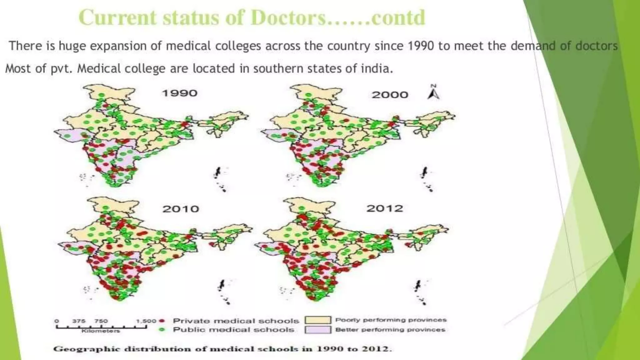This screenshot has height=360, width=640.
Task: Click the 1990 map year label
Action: pyautogui.click(x=180, y=93)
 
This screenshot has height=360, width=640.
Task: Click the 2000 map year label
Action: pyautogui.click(x=390, y=95)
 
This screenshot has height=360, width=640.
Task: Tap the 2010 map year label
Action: pyautogui.click(x=181, y=209)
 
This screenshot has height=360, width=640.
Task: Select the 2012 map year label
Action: pyautogui.click(x=385, y=208)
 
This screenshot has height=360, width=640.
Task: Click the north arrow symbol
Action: pyautogui.click(x=433, y=92)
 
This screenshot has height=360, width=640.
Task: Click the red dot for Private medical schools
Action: pyautogui.click(x=162, y=321)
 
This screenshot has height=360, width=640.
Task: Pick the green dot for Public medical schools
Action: pyautogui.click(x=162, y=329)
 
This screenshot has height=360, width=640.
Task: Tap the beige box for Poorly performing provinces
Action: pyautogui.click(x=317, y=320)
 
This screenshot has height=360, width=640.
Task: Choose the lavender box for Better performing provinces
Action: pyautogui.click(x=317, y=330)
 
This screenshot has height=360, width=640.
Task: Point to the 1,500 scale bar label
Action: pyautogui.click(x=146, y=321)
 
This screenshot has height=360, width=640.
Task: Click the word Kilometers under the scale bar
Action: pyautogui.click(x=101, y=331)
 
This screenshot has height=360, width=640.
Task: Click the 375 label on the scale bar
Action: pyautogui.click(x=79, y=321)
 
